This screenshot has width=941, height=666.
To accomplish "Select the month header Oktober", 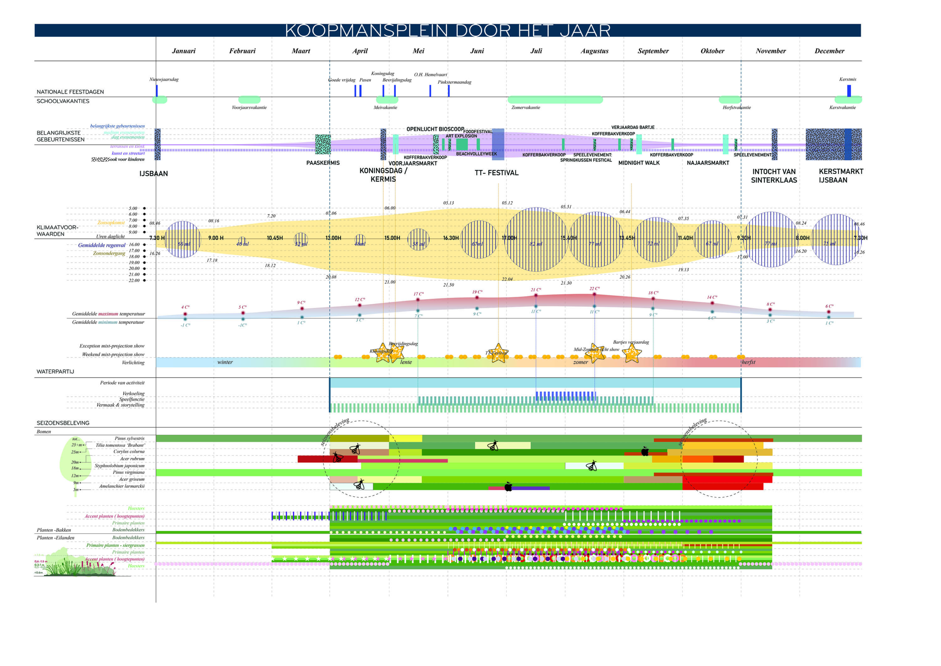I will pos(712,51).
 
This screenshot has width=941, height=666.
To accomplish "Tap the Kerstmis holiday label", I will pos(847,79).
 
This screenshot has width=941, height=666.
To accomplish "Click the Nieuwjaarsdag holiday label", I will pos(164,79).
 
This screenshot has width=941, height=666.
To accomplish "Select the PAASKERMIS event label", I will pos(323,163).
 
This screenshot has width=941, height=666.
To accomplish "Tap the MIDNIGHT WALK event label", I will pos(638,163).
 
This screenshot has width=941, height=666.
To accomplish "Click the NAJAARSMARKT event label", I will pos(708,163).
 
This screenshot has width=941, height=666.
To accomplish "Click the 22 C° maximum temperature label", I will pos(594,289).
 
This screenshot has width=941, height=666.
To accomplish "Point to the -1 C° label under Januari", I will pos(185,325).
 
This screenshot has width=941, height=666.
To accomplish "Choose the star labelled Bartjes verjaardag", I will pos(631,353).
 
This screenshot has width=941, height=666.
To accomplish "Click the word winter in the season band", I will pos(225,362).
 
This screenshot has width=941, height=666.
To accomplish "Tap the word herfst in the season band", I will pos(748,362).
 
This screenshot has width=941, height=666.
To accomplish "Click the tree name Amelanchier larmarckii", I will pos(122,486).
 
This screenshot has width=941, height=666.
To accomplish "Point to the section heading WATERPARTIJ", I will pos(56,371).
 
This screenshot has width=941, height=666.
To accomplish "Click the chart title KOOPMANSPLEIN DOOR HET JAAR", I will pos(448,31).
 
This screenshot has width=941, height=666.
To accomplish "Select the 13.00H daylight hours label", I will pos(333,238).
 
